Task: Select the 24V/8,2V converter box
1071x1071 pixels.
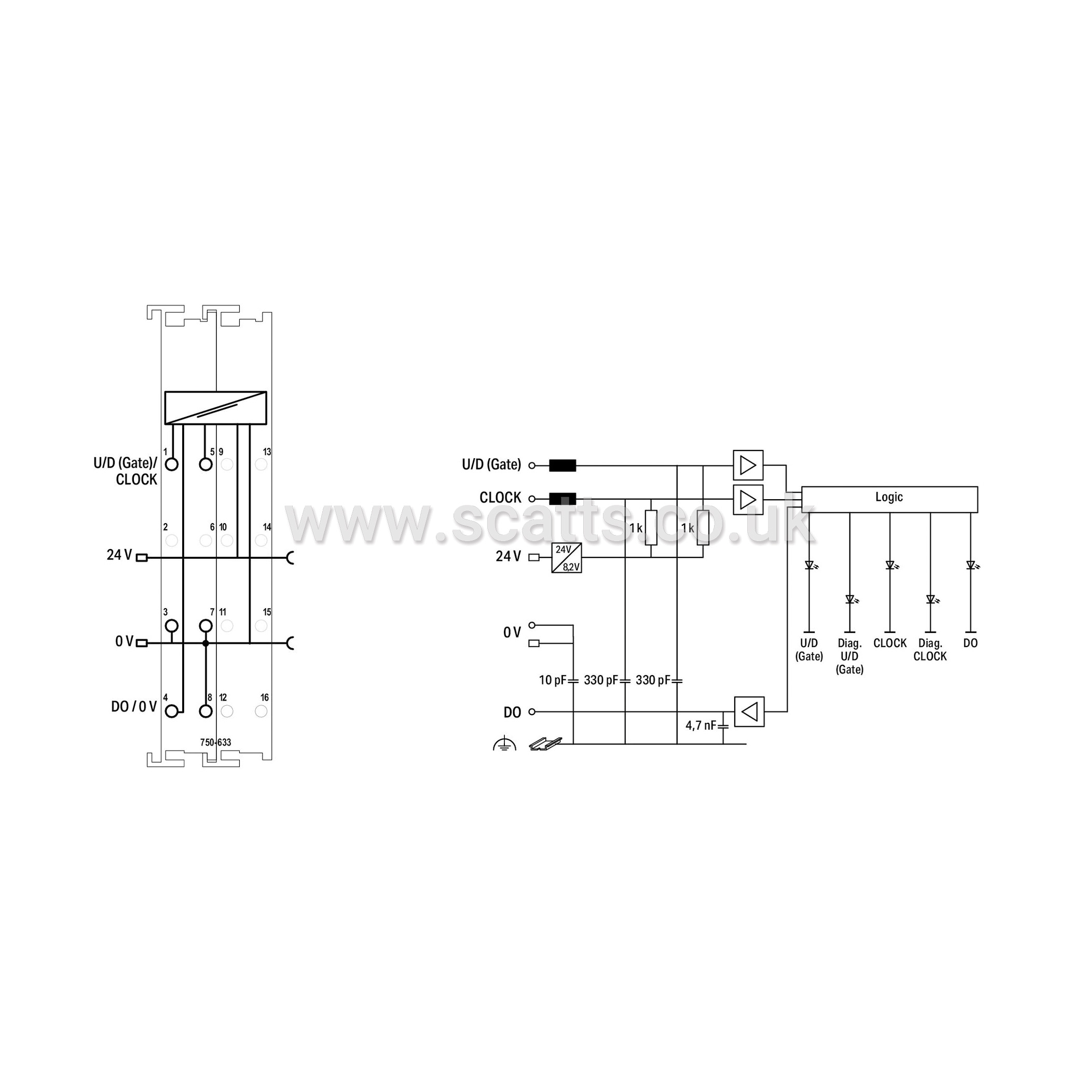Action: click(567, 558)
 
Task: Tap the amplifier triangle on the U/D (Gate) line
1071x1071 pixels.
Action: click(748, 465)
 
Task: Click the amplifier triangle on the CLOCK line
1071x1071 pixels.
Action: click(748, 500)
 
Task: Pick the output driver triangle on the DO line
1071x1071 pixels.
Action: click(749, 712)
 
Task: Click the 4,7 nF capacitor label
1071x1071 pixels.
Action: click(701, 725)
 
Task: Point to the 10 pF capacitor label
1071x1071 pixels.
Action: click(552, 680)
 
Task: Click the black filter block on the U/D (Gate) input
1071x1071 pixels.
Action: click(562, 465)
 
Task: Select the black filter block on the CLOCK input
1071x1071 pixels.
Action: click(562, 499)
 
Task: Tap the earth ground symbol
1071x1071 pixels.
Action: click(504, 744)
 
